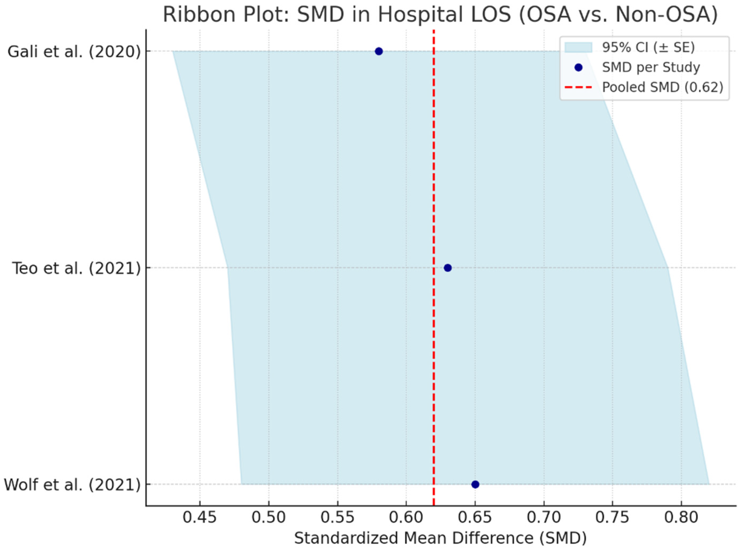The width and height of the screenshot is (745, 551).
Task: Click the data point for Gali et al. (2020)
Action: click(378, 51)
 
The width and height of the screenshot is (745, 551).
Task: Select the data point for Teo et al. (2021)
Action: click(448, 268)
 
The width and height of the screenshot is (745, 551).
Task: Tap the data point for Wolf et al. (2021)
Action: click(475, 484)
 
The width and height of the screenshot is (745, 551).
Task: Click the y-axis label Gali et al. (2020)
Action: click(74, 52)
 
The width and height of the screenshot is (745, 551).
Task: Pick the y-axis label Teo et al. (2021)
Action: click(76, 268)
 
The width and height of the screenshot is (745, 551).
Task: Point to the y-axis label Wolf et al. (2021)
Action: click(72, 485)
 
